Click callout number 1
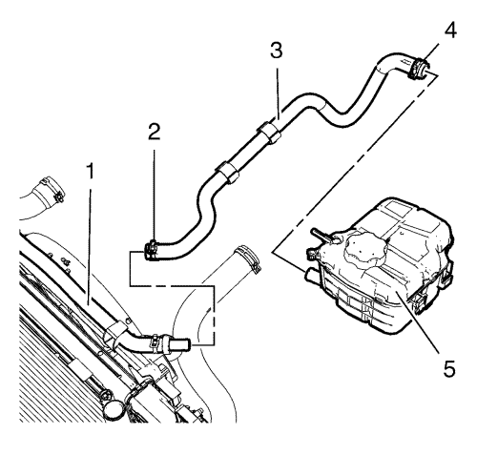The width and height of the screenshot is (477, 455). [91, 171]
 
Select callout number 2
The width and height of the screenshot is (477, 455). [155, 132]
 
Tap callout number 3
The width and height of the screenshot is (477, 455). [277, 51]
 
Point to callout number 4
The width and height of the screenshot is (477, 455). [450, 31]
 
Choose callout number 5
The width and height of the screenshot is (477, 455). [449, 369]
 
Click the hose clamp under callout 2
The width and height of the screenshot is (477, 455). [152, 250]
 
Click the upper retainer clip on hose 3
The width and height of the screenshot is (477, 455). [270, 132]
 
